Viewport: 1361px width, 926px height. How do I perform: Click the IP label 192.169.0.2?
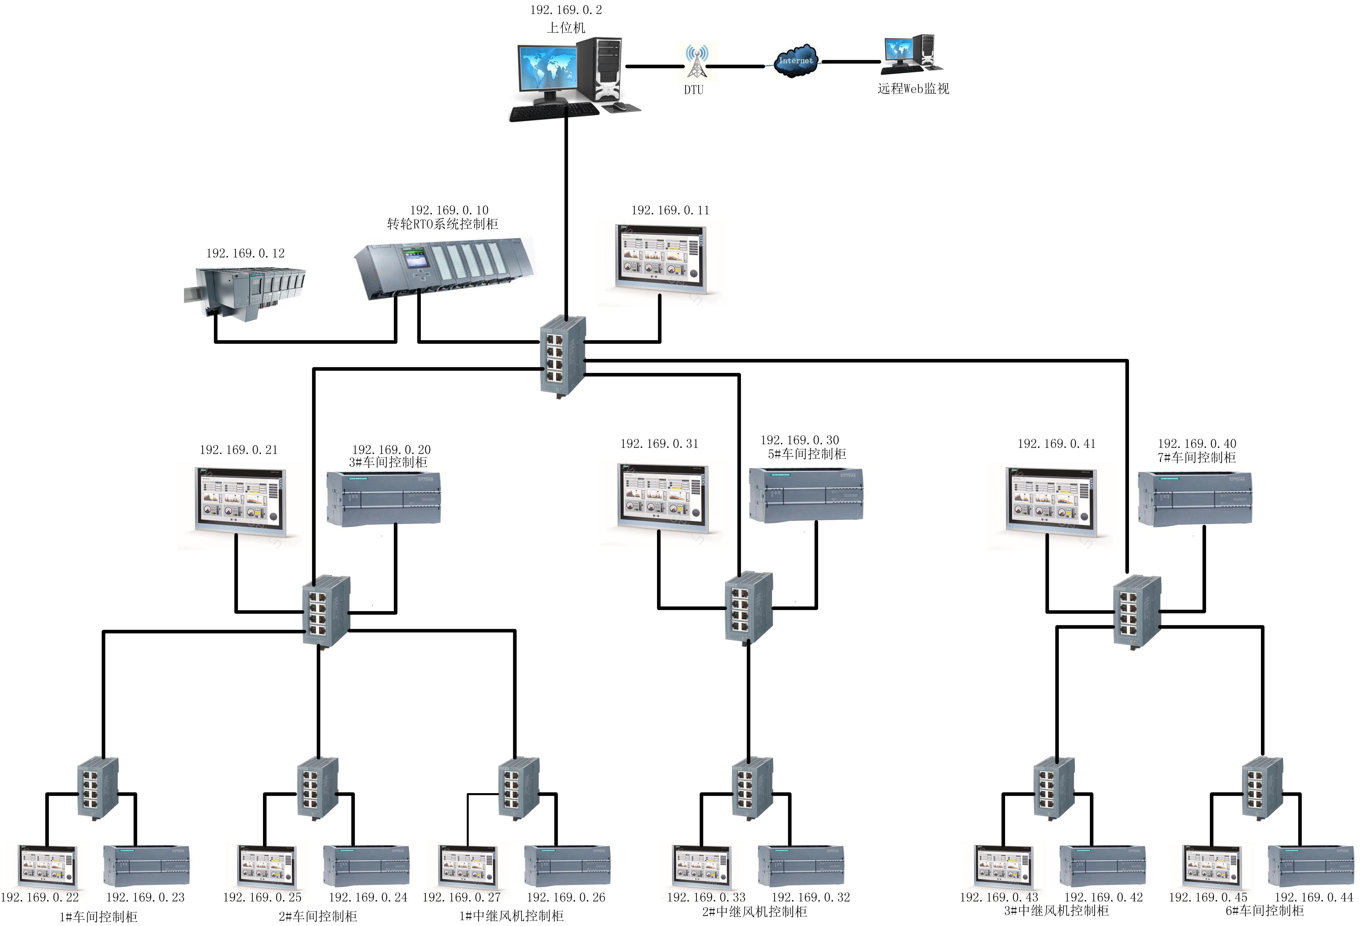566,10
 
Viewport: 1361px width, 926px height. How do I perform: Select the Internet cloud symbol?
795,61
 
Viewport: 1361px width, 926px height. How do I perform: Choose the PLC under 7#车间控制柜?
1195,499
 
